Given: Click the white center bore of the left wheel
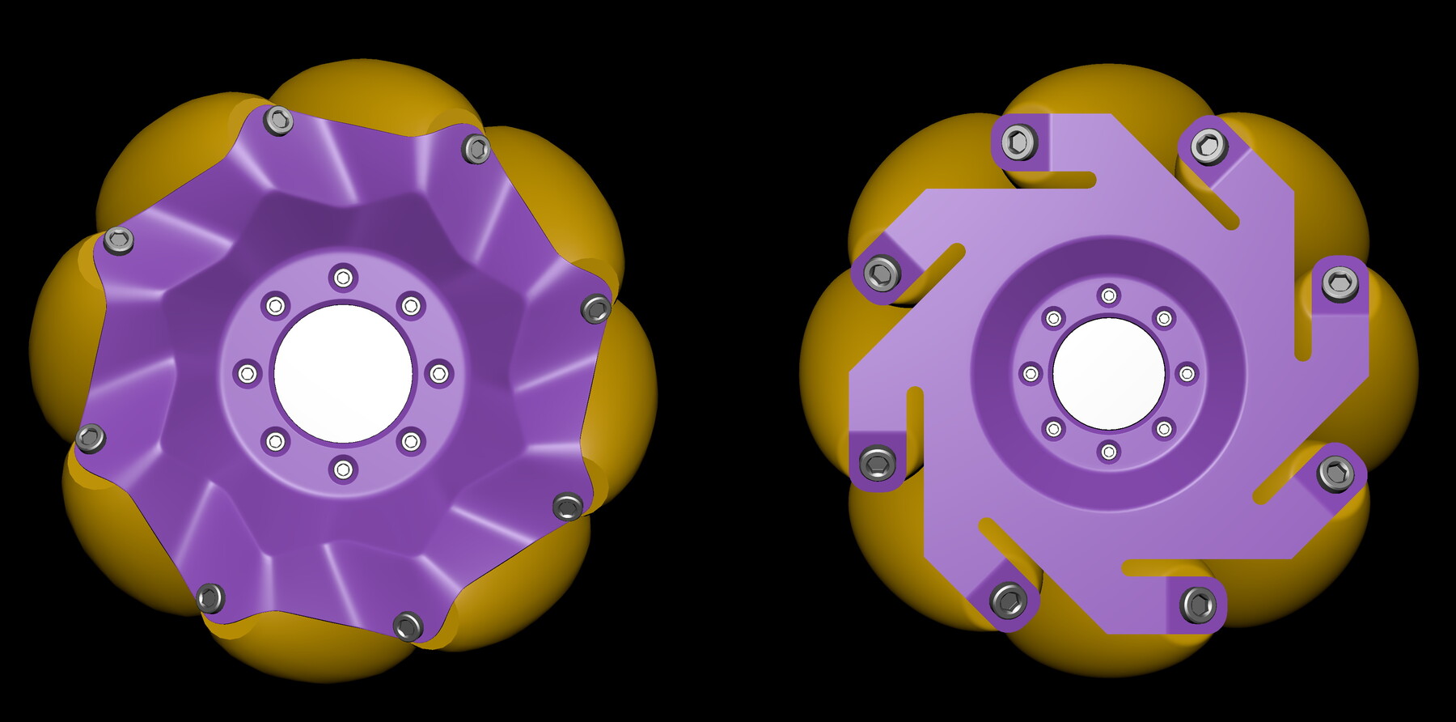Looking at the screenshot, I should (343, 374).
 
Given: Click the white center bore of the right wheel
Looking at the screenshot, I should (1109, 374).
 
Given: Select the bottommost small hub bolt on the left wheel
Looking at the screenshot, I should (343, 469).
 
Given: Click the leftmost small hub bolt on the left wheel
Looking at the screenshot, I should (248, 374).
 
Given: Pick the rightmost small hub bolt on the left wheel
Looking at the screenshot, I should (438, 374).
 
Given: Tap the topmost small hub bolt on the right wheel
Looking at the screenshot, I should (1109, 295).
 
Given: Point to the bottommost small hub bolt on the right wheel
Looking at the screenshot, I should (1109, 452).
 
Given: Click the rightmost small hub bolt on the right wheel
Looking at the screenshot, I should (1187, 374).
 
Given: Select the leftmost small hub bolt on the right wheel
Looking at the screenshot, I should (1031, 374).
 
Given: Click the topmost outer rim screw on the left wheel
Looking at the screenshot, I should (279, 121).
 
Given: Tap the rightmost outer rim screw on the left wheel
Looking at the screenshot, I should (596, 308).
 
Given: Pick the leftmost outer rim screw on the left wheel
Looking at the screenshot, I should (90, 438).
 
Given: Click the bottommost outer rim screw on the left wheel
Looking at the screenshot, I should (408, 626).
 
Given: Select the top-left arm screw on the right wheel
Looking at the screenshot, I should (1019, 142).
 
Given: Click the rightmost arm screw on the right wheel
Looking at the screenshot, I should (1340, 283).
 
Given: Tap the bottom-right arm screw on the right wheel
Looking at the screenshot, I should (1335, 473).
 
